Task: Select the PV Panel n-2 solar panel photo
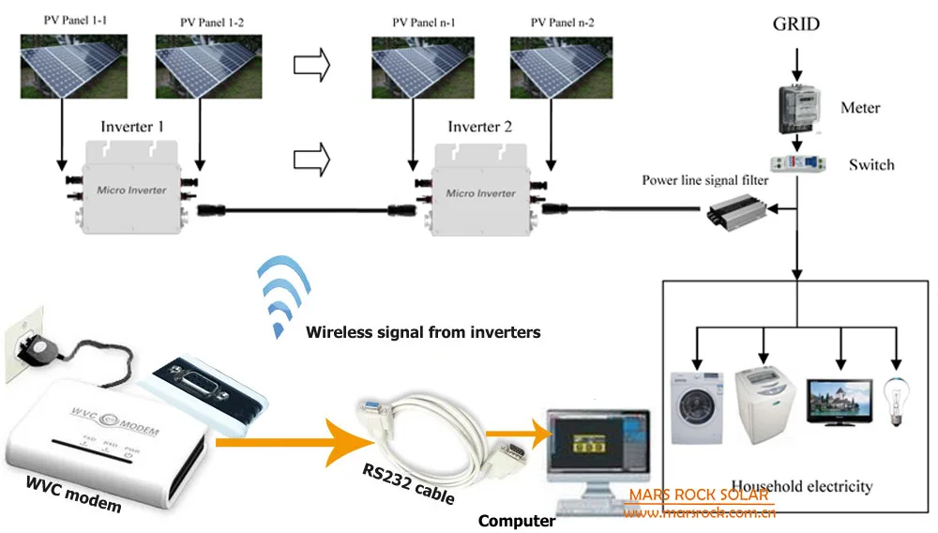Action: pyautogui.click(x=554, y=65)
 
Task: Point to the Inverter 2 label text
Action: pyautogui.click(x=479, y=127)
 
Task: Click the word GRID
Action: pyautogui.click(x=795, y=23)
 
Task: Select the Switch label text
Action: pyautogui.click(x=871, y=165)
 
